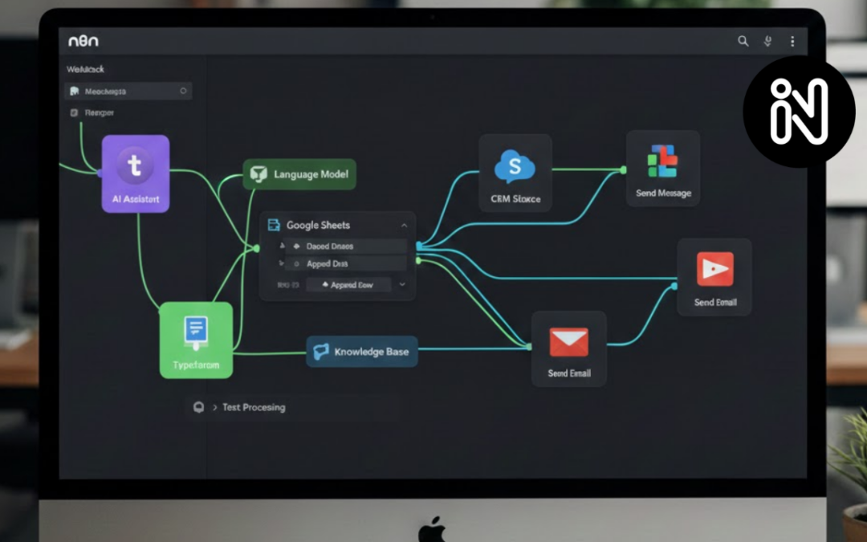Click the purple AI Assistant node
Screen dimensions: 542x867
[x=135, y=173]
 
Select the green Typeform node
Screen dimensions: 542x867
[x=196, y=340]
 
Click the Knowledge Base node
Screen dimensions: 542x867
[x=362, y=352]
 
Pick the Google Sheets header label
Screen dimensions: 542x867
[x=318, y=226]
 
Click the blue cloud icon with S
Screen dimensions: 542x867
[x=515, y=166]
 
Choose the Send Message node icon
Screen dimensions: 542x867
[x=662, y=161]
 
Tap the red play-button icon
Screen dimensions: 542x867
[x=714, y=268]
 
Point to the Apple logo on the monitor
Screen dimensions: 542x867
[x=433, y=531]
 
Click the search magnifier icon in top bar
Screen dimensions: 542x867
[x=743, y=41]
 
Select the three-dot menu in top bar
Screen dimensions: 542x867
[x=792, y=41]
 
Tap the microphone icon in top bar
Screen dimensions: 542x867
[x=768, y=41]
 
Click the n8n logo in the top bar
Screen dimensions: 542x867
[x=83, y=41]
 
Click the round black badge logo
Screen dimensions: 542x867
[x=799, y=112]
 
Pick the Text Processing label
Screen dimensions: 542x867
[x=253, y=407]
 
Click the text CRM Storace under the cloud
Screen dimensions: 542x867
[x=515, y=199]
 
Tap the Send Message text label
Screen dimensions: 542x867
[x=663, y=194]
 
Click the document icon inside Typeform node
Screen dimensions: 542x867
[x=196, y=329]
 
